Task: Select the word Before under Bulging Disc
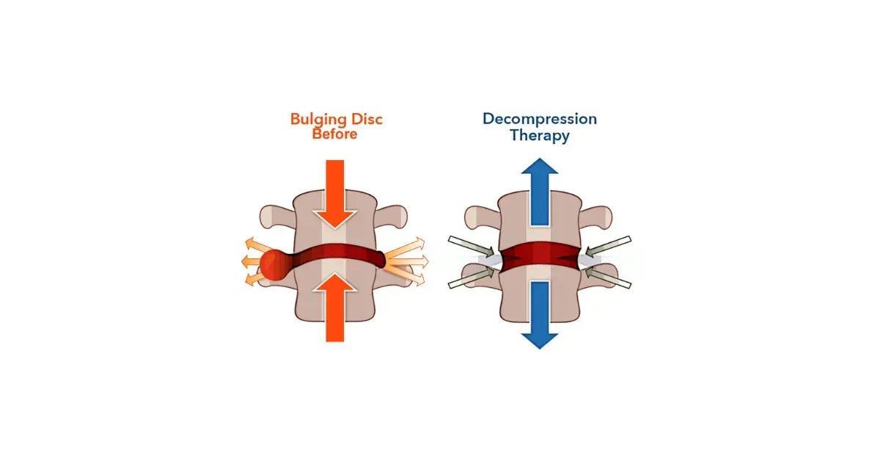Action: [334, 134]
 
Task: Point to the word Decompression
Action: [540, 119]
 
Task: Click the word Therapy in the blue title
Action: [540, 136]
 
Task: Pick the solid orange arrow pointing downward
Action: [334, 192]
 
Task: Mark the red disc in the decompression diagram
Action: [540, 255]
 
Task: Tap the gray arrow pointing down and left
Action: [608, 246]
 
